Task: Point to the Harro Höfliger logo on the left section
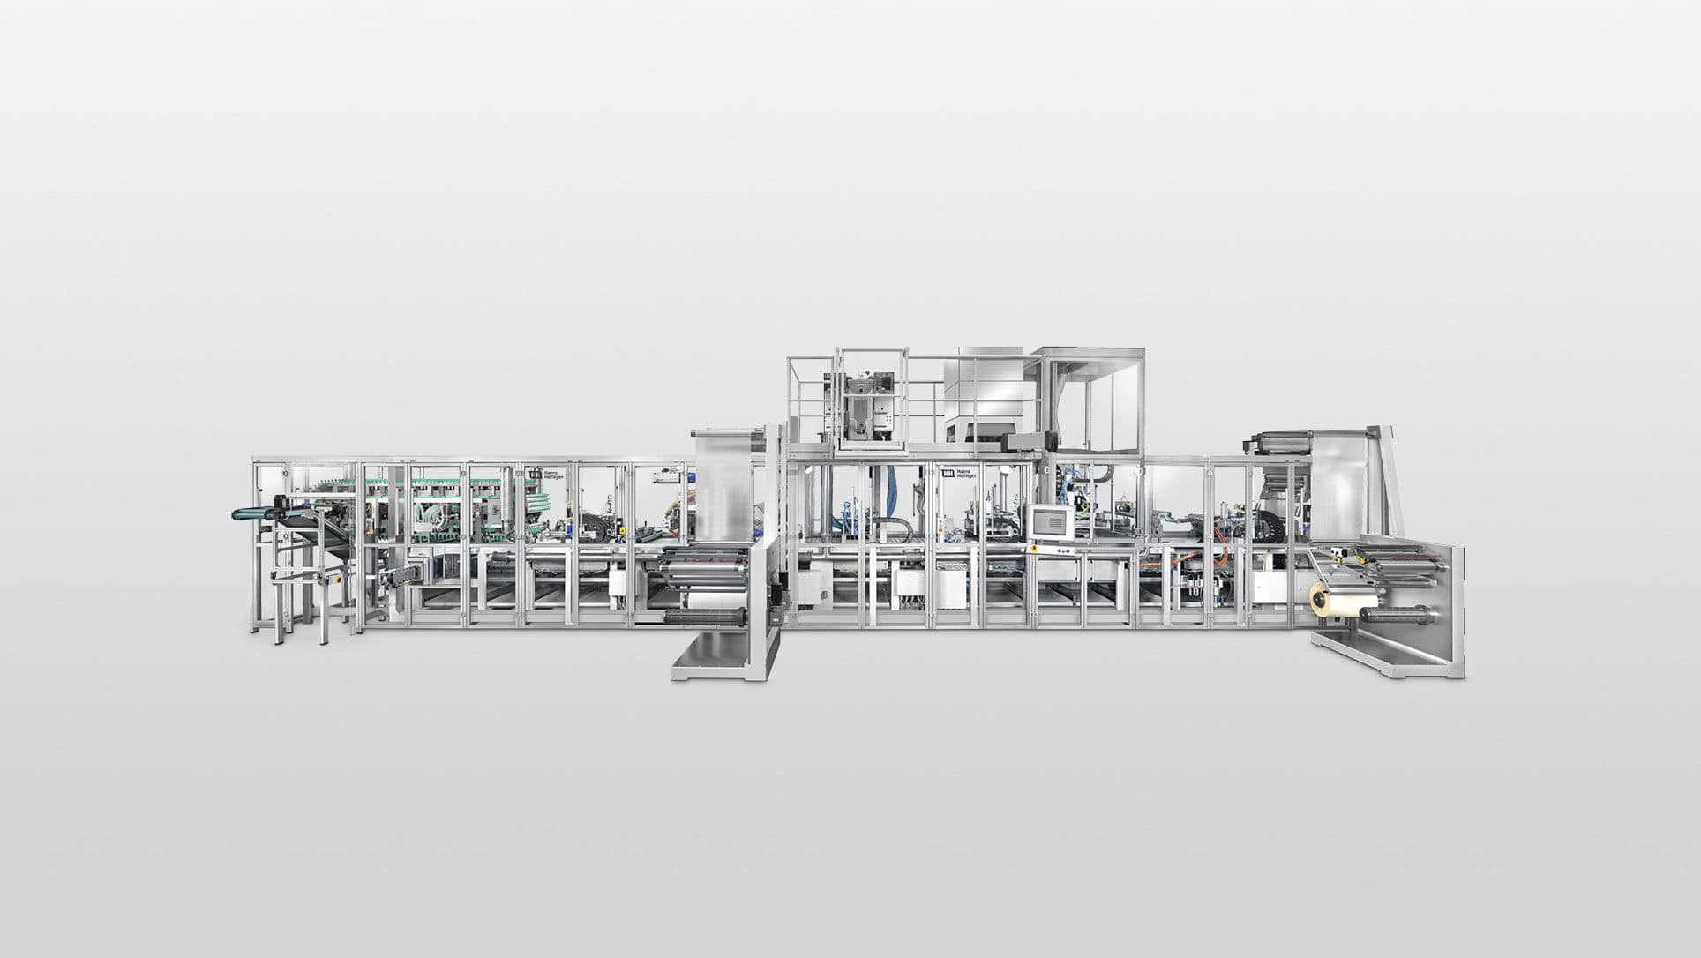[x=548, y=474]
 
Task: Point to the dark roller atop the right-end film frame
[x=1278, y=438]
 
